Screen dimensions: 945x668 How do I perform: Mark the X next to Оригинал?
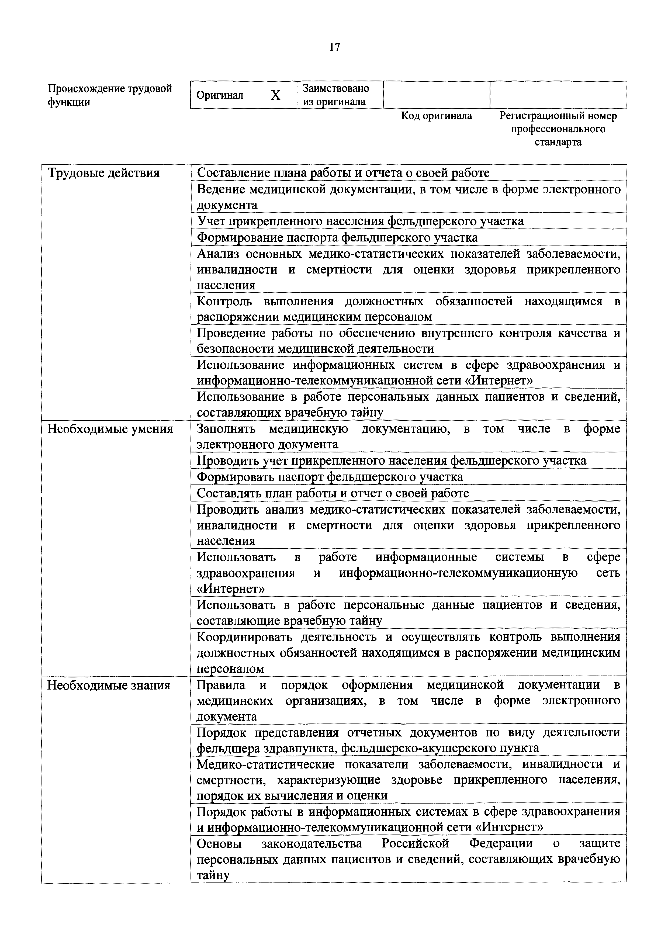pyautogui.click(x=275, y=95)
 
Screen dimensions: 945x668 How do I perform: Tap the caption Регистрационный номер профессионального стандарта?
pyautogui.click(x=558, y=129)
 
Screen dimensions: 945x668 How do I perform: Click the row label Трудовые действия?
pyautogui.click(x=104, y=173)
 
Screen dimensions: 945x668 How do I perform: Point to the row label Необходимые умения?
pyautogui.click(x=110, y=429)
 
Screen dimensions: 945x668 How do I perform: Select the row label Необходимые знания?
pyautogui.click(x=109, y=685)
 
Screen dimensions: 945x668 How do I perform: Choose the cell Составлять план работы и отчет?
pyautogui.click(x=333, y=493)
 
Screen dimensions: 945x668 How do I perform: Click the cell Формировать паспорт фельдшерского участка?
pyautogui.click(x=330, y=477)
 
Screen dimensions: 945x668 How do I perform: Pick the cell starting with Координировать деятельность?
pyautogui.click(x=408, y=653)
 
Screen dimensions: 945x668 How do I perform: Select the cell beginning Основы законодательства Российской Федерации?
pyautogui.click(x=408, y=859)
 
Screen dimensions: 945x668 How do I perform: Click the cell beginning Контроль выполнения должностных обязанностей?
pyautogui.click(x=408, y=309)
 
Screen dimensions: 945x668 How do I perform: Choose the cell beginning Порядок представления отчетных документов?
pyautogui.click(x=408, y=740)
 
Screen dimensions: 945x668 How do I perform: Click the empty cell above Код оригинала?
pyautogui.click(x=436, y=95)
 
